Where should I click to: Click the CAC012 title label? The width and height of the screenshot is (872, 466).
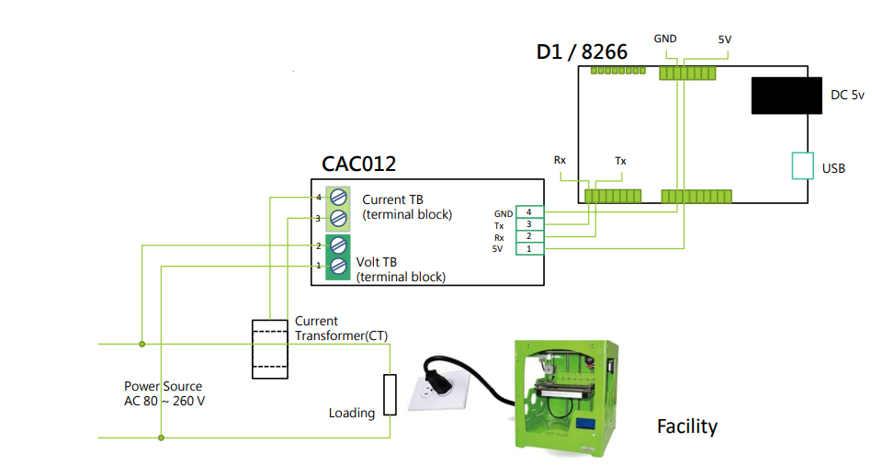point(358,164)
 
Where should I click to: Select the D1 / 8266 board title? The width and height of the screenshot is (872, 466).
point(582,51)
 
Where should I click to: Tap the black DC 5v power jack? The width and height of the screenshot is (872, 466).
point(786,96)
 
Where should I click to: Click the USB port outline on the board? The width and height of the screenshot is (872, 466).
point(802,166)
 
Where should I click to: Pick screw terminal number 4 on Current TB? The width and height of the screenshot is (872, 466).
point(338,197)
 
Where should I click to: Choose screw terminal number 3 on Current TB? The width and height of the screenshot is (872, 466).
point(338,218)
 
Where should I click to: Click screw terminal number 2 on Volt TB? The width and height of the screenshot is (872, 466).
point(338,245)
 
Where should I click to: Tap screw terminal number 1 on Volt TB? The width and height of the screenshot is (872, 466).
point(338,266)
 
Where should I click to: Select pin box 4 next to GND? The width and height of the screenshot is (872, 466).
point(528,212)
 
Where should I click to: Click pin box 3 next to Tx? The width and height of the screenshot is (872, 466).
point(528,224)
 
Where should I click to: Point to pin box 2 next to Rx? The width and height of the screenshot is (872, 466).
point(528,236)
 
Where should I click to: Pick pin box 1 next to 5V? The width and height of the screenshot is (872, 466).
point(528,248)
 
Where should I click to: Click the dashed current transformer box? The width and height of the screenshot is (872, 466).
point(270,349)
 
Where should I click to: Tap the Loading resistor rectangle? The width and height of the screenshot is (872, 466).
point(390,394)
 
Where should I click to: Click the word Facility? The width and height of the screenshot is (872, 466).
point(686,426)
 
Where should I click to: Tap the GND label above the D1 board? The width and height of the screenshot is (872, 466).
point(664,39)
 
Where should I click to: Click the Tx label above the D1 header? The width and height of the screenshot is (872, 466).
point(620,161)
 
